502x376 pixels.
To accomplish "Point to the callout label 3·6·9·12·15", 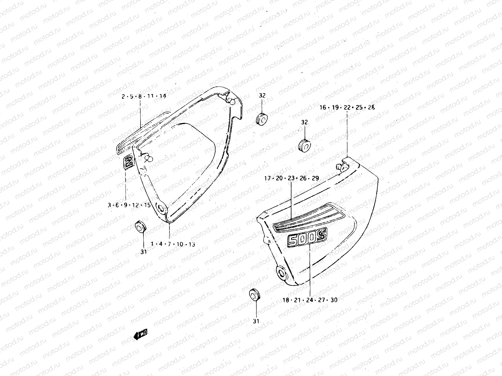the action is [129, 205].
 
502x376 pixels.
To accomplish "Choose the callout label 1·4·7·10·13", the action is [173, 244].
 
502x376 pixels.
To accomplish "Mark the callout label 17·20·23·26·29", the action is [291, 178].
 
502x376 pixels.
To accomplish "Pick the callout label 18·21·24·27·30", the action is [310, 300].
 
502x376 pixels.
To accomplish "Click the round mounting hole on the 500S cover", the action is [281, 272].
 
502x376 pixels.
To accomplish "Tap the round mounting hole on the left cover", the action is [162, 208].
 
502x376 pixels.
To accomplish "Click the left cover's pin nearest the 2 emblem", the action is [149, 159].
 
